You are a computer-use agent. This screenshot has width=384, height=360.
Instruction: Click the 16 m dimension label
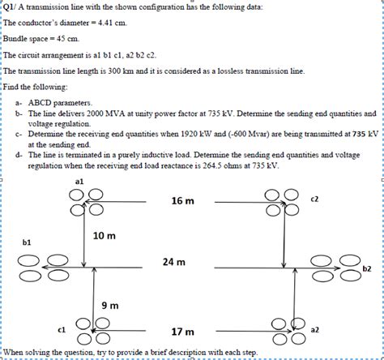182,200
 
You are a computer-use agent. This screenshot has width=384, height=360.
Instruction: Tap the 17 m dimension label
182,332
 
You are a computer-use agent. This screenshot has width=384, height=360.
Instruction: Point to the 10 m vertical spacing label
105,236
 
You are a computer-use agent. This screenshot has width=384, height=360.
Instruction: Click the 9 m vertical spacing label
109,305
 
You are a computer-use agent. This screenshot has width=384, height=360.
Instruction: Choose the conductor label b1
27,242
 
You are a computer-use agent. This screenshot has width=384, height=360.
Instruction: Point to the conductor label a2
315,330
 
